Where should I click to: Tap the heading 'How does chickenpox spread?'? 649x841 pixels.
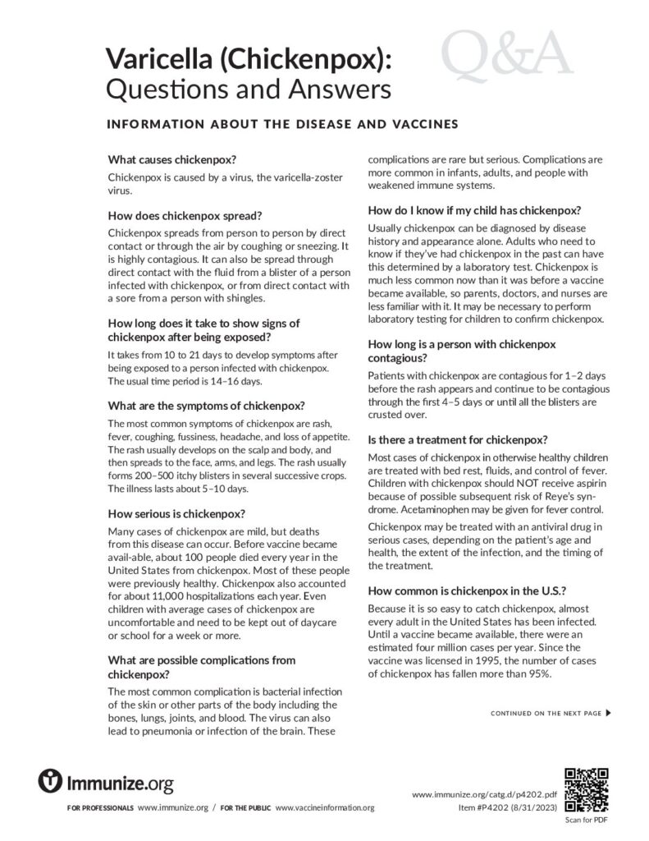(x=185, y=218)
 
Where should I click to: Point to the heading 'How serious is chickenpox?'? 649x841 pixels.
(x=176, y=514)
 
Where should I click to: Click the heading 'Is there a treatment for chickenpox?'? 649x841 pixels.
(x=458, y=439)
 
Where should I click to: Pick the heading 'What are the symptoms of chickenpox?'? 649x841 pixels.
(x=207, y=406)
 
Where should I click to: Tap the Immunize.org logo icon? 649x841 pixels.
(x=51, y=781)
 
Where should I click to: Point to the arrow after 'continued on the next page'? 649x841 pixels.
(x=608, y=713)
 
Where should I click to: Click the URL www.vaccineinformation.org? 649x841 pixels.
(x=325, y=808)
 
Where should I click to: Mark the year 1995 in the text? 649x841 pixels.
(x=481, y=660)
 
